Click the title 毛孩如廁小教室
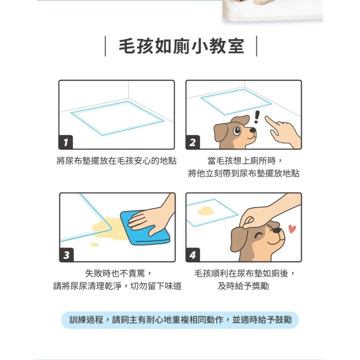(181, 46)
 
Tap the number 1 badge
(66, 143)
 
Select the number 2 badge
(193, 143)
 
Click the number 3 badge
(66, 255)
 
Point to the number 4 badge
(193, 255)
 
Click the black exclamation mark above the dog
(257, 117)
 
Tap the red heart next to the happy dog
(292, 229)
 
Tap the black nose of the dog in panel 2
(253, 130)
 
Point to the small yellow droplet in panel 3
(94, 244)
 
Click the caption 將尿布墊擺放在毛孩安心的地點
(117, 161)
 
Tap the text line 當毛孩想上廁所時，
(244, 161)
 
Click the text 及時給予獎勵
(243, 287)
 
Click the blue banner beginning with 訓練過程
(180, 320)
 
